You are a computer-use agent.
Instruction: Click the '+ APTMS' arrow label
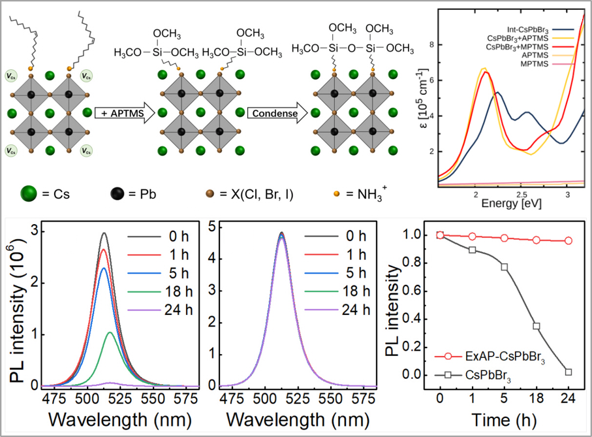click(x=122, y=114)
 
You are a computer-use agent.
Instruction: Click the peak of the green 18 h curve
click(x=110, y=332)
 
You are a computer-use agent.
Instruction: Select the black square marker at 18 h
click(x=537, y=326)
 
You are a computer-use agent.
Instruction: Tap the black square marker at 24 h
click(x=569, y=372)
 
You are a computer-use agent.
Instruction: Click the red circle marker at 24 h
click(x=569, y=240)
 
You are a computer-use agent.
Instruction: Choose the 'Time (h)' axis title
click(x=504, y=419)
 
